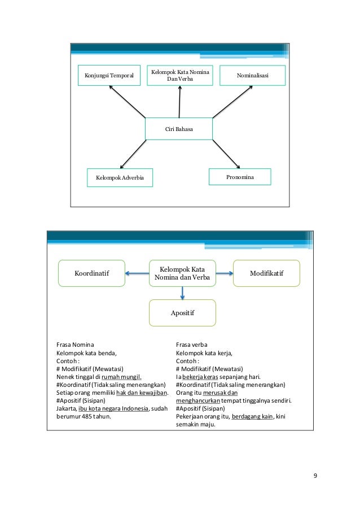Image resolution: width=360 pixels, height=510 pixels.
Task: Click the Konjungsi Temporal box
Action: [x=109, y=76]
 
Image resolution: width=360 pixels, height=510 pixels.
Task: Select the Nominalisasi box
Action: [x=252, y=75]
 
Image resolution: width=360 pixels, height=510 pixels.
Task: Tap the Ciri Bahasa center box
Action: [x=179, y=129]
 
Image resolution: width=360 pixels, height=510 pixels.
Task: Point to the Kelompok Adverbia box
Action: [x=120, y=178]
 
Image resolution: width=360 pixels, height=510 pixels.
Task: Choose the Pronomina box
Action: [x=240, y=177]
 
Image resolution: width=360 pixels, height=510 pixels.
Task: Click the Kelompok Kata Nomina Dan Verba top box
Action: [x=180, y=75]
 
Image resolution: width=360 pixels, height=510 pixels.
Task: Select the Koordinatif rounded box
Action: [x=92, y=274]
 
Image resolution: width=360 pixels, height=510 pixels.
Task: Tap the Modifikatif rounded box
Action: [x=266, y=273]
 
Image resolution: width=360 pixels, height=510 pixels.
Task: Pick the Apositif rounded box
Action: [x=182, y=312]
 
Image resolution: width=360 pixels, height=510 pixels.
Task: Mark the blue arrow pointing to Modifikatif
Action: [x=224, y=274]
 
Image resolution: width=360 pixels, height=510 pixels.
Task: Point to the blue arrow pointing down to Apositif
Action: [x=182, y=293]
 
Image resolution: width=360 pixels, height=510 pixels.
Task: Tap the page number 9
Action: [x=315, y=475]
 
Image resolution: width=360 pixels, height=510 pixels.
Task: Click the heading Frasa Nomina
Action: [x=75, y=345]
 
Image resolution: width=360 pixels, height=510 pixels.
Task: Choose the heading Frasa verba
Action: [x=192, y=345]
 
